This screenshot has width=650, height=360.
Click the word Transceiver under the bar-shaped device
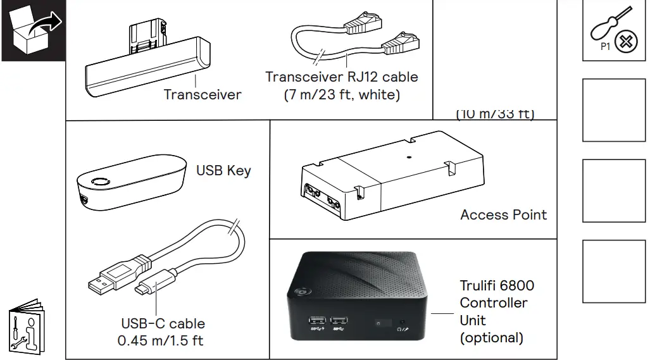click(x=203, y=95)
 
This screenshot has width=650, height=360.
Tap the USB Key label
click(x=223, y=170)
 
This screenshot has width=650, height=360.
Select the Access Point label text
click(x=503, y=214)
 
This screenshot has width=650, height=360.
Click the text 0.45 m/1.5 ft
click(x=161, y=340)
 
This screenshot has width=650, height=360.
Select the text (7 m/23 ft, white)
click(x=341, y=95)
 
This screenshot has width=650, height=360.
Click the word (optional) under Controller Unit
click(x=492, y=337)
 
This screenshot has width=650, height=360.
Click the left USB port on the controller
click(x=317, y=322)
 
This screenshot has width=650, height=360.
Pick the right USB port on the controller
click(x=341, y=322)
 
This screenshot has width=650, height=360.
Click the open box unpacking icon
click(x=34, y=30)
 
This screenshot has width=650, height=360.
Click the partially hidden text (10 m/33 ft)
click(x=495, y=115)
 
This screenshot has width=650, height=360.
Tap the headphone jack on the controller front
click(x=403, y=323)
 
